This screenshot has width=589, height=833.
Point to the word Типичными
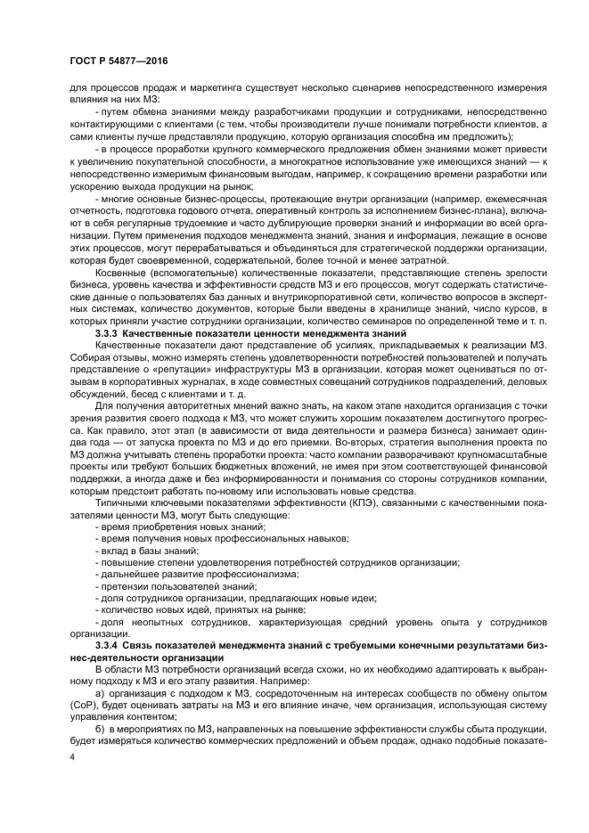pos(123,504)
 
